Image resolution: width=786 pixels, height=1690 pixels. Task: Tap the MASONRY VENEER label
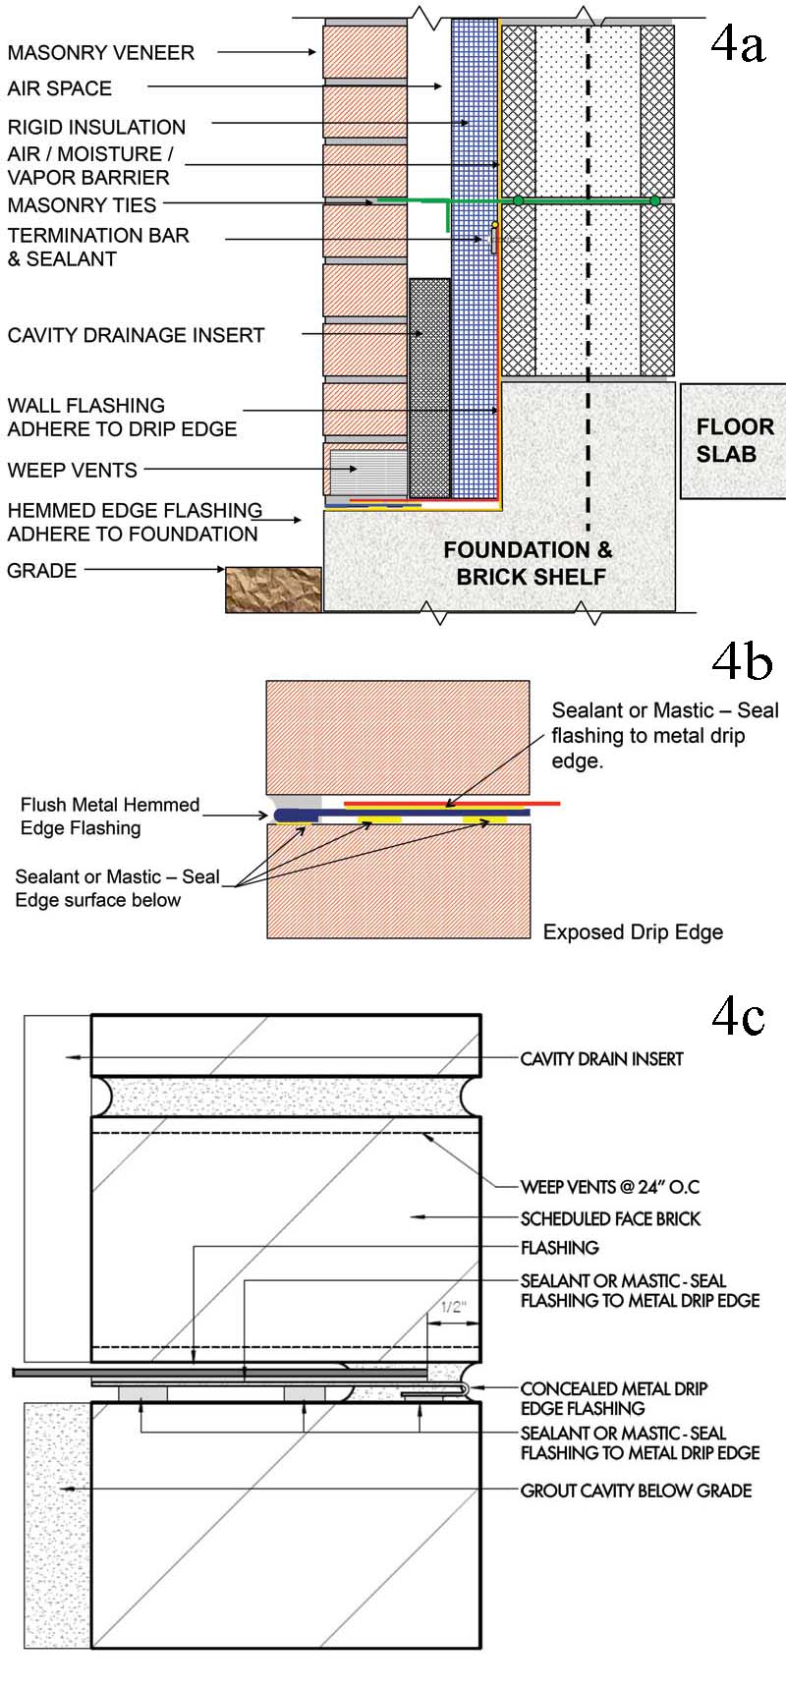(100, 53)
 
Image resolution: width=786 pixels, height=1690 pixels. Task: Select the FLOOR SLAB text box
(734, 440)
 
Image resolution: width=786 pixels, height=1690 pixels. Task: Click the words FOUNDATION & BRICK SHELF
(530, 563)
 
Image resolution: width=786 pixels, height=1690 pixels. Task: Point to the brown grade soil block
(273, 590)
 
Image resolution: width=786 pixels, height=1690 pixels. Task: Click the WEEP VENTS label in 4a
(72, 470)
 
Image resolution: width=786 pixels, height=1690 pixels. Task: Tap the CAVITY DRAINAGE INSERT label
(136, 335)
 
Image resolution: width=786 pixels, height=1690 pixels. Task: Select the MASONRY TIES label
(82, 205)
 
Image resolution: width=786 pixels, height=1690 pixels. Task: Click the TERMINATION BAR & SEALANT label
(97, 247)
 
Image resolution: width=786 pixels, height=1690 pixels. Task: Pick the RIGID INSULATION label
(96, 127)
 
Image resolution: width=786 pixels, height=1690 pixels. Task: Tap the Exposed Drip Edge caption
(633, 932)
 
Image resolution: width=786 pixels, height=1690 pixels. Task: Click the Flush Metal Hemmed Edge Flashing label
(109, 817)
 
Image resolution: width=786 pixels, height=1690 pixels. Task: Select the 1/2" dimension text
(453, 1308)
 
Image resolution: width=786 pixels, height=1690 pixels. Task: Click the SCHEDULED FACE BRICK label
(610, 1218)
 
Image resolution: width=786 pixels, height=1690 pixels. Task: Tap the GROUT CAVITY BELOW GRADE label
(636, 1491)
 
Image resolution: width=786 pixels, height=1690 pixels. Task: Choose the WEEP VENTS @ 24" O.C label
(609, 1187)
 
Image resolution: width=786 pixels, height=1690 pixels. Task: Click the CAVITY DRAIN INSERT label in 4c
(601, 1058)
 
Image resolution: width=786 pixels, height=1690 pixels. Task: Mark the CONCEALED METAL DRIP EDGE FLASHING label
(613, 1398)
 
